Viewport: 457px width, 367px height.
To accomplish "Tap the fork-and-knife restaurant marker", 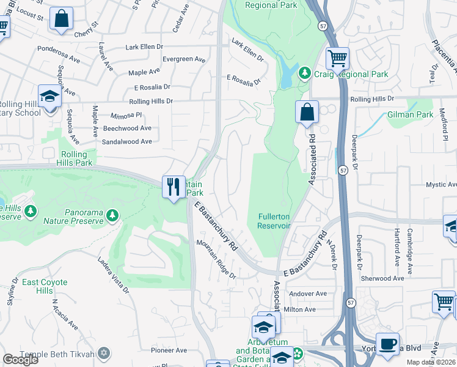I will point(172,185).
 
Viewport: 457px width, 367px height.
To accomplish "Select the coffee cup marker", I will point(387,343).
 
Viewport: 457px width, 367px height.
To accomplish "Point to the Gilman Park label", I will point(410,114).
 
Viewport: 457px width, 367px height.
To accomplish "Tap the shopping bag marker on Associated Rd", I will point(307,113).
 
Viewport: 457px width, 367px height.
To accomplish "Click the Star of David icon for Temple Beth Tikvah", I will point(104,354).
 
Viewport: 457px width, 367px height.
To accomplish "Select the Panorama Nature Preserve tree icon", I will point(111,215).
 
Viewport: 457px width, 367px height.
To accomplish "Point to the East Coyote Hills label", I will point(45,286).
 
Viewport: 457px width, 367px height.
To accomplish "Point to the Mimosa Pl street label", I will point(126,114).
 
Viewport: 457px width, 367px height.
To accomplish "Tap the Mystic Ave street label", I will point(441,184).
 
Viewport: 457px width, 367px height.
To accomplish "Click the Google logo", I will point(21,360).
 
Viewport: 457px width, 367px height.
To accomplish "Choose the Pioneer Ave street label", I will point(169,350).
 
